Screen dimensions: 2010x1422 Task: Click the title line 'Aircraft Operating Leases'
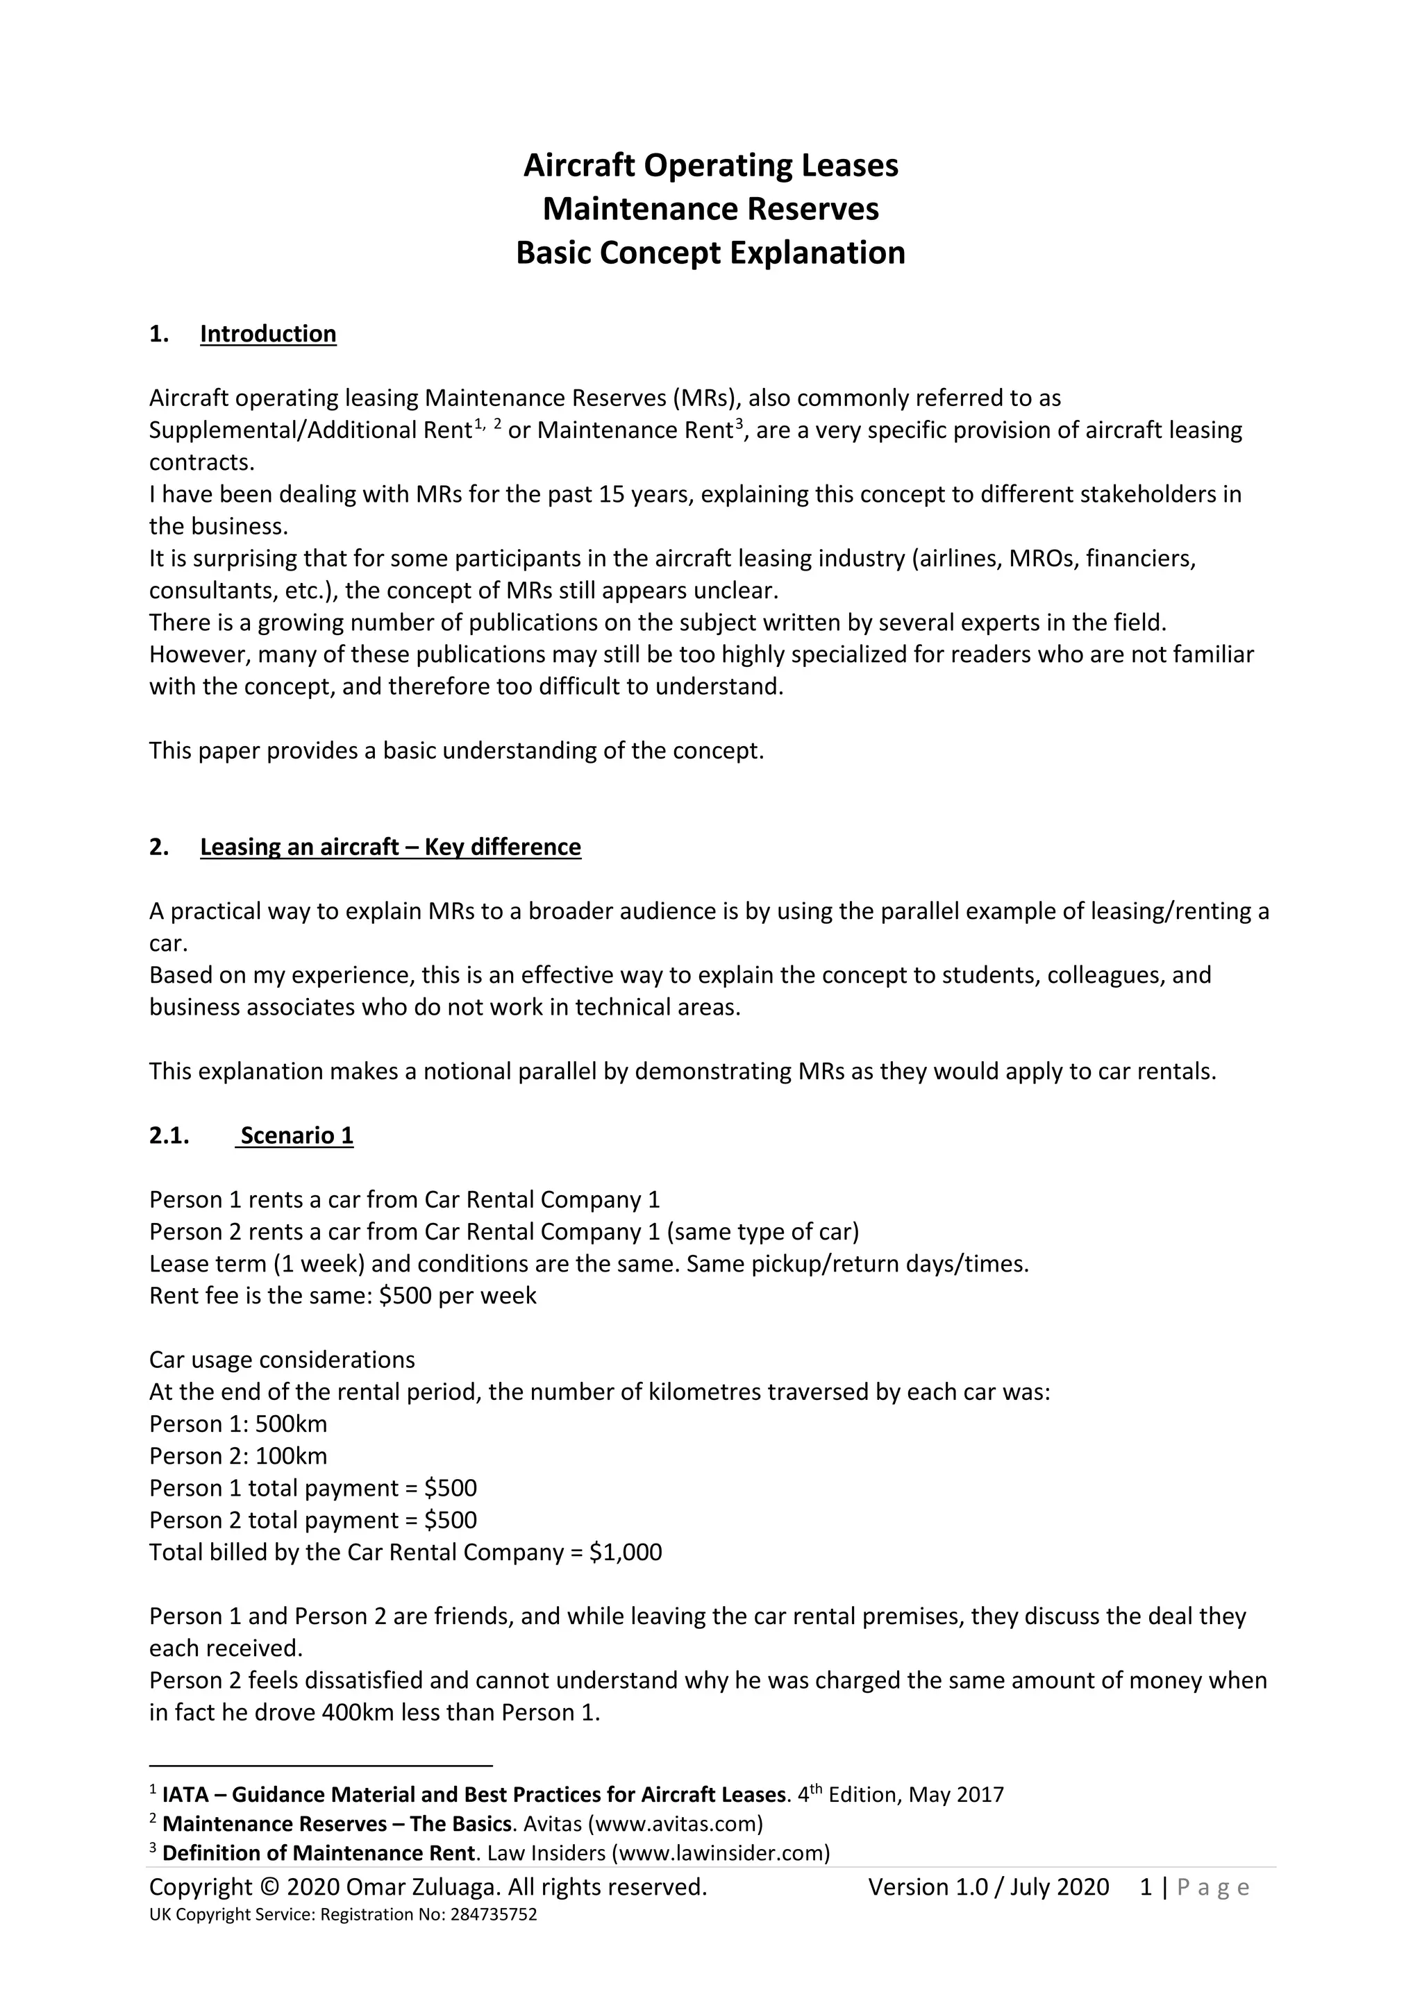click(x=710, y=165)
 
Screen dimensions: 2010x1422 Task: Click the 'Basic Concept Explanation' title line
click(x=710, y=253)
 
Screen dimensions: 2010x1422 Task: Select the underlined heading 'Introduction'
click(x=268, y=334)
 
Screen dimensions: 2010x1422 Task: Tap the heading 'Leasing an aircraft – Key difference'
click(x=390, y=847)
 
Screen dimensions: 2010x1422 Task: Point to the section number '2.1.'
click(x=169, y=1135)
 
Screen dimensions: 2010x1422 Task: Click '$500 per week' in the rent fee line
click(x=458, y=1296)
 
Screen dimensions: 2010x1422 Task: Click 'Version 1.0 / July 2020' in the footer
click(x=989, y=1887)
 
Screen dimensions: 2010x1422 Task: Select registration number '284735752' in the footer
click(x=493, y=1915)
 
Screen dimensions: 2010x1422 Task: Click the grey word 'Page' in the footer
click(x=1214, y=1889)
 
